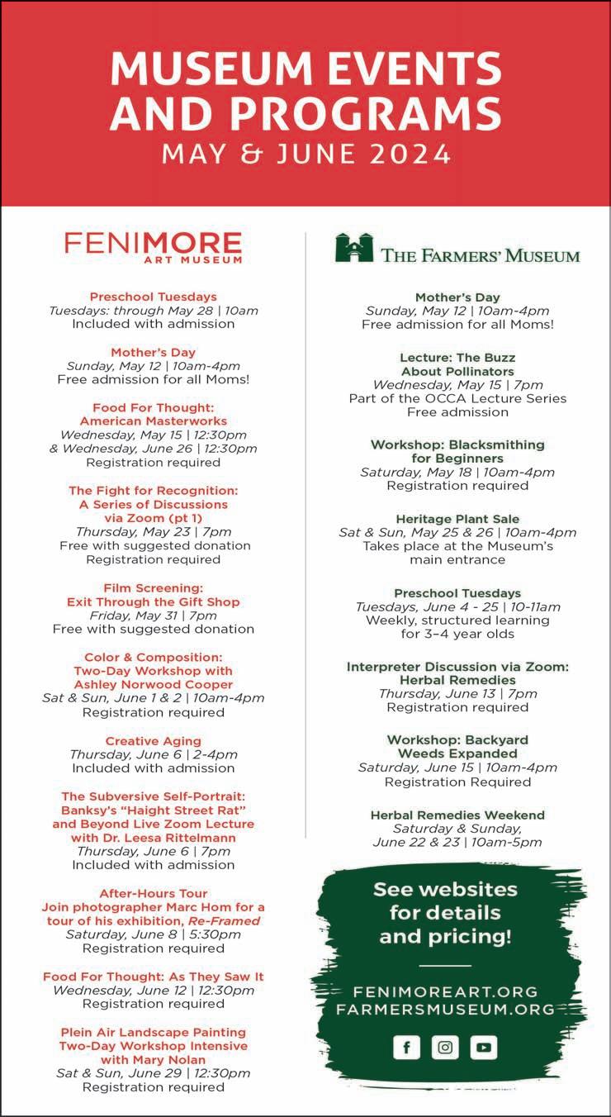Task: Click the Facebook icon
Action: click(406, 1048)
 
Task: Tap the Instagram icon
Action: click(445, 1048)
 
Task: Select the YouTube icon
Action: click(484, 1048)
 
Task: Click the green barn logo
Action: click(353, 248)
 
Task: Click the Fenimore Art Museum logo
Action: click(154, 247)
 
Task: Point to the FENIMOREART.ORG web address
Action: click(445, 991)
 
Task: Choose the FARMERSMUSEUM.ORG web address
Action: click(445, 1009)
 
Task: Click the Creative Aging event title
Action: click(154, 741)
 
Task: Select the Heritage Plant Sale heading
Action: click(457, 519)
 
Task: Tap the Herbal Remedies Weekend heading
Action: click(457, 815)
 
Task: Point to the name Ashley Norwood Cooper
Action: click(154, 684)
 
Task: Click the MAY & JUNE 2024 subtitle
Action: click(306, 154)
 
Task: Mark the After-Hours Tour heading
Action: click(154, 893)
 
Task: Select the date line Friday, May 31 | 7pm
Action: click(154, 616)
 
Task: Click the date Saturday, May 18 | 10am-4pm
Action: click(457, 473)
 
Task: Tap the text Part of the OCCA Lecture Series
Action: click(457, 398)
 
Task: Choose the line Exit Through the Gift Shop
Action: click(154, 601)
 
